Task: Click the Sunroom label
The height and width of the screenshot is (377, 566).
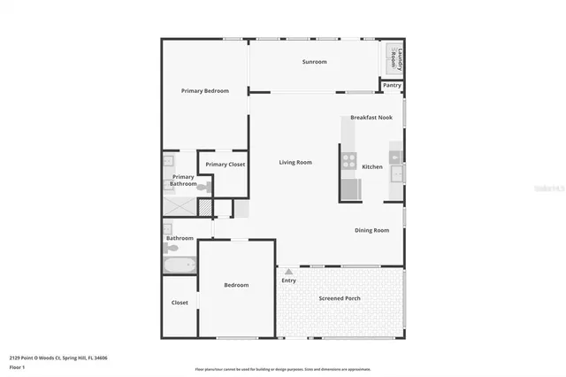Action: tap(314, 62)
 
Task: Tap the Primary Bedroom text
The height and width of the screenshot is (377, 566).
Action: tap(205, 91)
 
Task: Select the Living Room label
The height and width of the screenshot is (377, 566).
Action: tap(295, 163)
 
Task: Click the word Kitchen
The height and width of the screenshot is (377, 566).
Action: tap(372, 167)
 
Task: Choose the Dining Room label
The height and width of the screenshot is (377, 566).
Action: tap(371, 230)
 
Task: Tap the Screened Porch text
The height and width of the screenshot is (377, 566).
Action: tap(340, 298)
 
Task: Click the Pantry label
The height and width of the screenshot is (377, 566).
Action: tap(392, 86)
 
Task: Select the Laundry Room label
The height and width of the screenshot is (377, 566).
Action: tap(394, 59)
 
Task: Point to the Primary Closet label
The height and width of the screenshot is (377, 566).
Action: tap(225, 165)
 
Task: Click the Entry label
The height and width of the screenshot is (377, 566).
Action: tap(289, 281)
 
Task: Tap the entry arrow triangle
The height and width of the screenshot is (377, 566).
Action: tap(288, 272)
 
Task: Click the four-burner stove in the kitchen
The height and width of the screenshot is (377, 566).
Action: tap(349, 161)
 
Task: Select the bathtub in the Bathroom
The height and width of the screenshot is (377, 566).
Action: tap(180, 264)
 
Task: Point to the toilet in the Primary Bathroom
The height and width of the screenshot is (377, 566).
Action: tap(203, 188)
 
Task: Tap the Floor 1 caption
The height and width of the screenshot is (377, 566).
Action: tap(18, 366)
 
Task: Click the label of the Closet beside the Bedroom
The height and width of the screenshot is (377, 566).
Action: tap(180, 303)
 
